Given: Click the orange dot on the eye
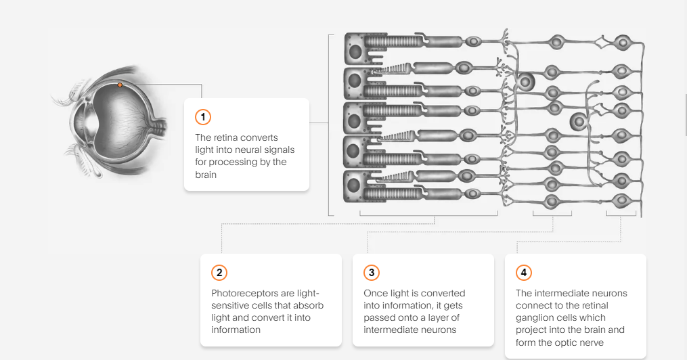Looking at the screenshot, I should [x=120, y=85].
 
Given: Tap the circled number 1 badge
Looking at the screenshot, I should [x=202, y=117].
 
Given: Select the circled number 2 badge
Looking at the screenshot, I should [x=219, y=273].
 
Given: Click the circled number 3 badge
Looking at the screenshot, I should [x=371, y=273].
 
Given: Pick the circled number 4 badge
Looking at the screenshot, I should [x=523, y=273].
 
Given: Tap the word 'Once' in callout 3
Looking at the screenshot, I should [x=376, y=293].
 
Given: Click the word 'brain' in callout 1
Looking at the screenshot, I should [x=206, y=174].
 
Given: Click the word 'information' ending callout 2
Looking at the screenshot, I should [x=236, y=330].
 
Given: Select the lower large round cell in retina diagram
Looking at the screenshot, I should [x=577, y=122].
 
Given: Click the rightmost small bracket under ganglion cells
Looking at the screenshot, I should [x=621, y=216].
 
